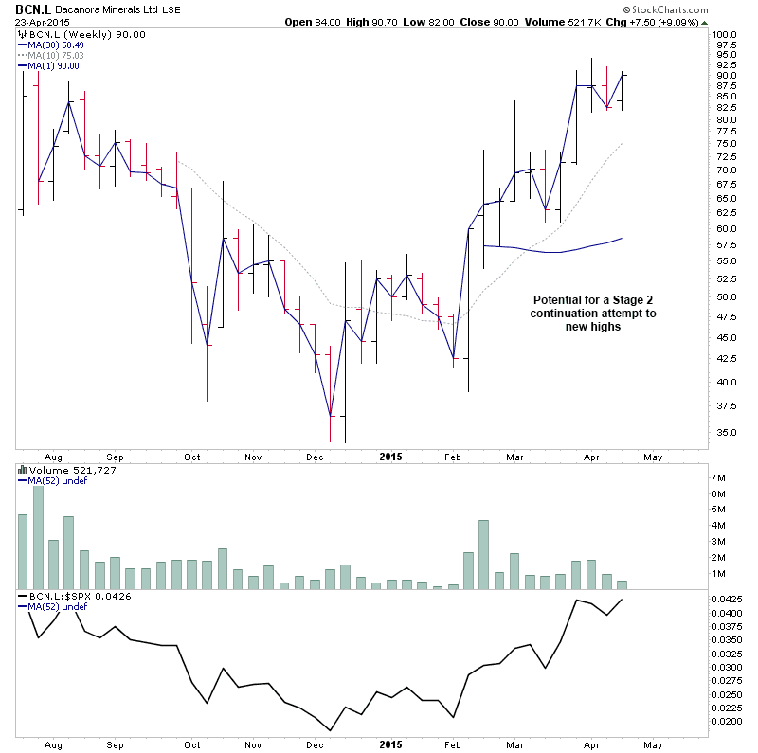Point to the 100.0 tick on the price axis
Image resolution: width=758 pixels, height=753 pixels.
click(x=725, y=33)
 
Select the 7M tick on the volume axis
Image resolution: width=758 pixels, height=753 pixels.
click(x=719, y=477)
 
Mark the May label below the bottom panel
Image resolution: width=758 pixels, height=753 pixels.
click(x=653, y=745)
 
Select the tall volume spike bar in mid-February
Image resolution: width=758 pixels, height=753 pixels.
click(x=483, y=555)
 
